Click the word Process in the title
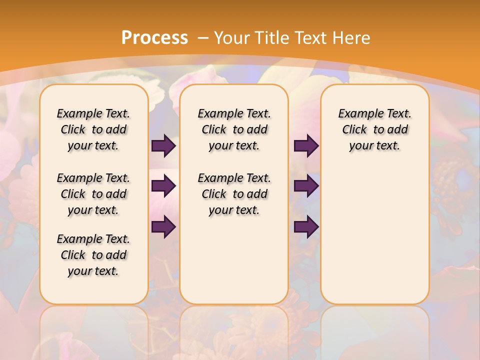(x=154, y=38)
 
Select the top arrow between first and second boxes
(x=163, y=146)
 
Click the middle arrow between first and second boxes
(x=163, y=186)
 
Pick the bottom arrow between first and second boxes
(x=163, y=227)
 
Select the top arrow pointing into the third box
(x=306, y=146)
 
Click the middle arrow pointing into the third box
(x=306, y=186)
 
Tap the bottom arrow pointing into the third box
(x=306, y=227)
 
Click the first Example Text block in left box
(x=93, y=129)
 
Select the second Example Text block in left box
(x=93, y=194)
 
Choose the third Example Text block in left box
(x=93, y=255)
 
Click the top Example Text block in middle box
(x=234, y=129)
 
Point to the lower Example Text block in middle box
(x=234, y=194)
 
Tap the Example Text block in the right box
(x=374, y=129)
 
